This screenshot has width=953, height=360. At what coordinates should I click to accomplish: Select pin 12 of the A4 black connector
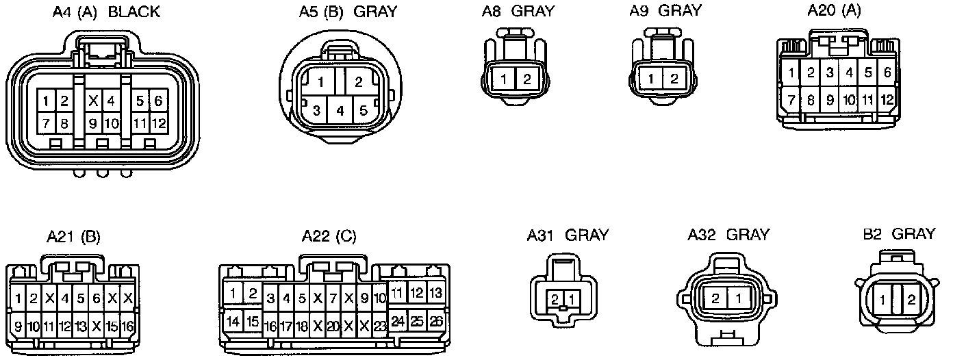pyautogui.click(x=159, y=124)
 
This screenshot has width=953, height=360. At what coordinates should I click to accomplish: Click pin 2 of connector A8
pyautogui.click(x=526, y=79)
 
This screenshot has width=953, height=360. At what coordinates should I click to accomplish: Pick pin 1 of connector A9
pyautogui.click(x=651, y=79)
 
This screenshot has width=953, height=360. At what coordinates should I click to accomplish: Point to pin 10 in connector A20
pyautogui.click(x=848, y=100)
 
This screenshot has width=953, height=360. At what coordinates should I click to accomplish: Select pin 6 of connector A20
pyautogui.click(x=887, y=72)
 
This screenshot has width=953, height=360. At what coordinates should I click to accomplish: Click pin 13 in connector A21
pyautogui.click(x=81, y=326)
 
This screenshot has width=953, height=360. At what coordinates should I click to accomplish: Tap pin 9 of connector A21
pyautogui.click(x=18, y=326)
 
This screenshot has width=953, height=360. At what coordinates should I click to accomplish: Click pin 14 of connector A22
pyautogui.click(x=233, y=320)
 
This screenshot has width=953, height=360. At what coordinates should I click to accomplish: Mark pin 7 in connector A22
pyautogui.click(x=333, y=298)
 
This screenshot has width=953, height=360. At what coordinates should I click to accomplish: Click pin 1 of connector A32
pyautogui.click(x=738, y=298)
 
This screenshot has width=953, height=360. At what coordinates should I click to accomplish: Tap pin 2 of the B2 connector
pyautogui.click(x=911, y=299)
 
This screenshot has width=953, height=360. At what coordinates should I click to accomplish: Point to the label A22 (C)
pyautogui.click(x=329, y=237)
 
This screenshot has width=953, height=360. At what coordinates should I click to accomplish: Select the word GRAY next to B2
pyautogui.click(x=913, y=234)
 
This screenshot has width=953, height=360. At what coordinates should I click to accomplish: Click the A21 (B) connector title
pyautogui.click(x=73, y=237)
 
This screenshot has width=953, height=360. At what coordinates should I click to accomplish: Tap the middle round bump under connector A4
pyautogui.click(x=103, y=173)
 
